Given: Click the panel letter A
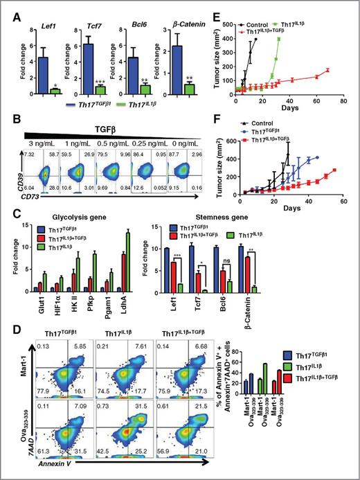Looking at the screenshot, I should tap(8, 8).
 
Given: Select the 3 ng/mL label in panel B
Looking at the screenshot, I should tap(32, 137).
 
